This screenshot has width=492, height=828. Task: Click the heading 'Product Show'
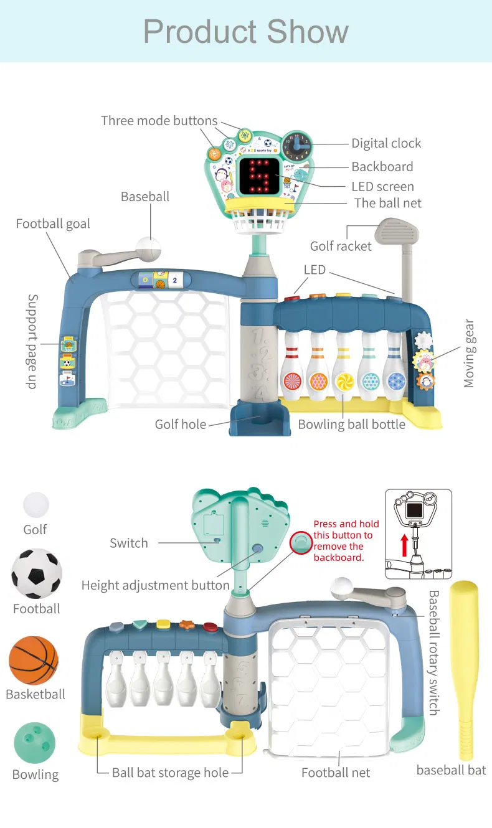(x=246, y=31)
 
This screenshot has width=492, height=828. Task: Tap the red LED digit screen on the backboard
(x=258, y=176)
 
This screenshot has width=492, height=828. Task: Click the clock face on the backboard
(x=297, y=146)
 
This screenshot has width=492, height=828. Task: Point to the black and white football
(x=36, y=573)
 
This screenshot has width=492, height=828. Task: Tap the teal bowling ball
(x=34, y=743)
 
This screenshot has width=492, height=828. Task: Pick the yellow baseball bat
(x=464, y=669)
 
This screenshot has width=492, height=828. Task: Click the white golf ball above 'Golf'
(x=36, y=504)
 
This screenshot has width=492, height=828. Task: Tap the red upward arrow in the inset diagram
(x=404, y=545)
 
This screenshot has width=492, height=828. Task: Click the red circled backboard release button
(x=301, y=543)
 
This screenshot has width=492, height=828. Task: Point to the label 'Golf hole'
(x=181, y=425)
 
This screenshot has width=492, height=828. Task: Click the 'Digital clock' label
(x=386, y=143)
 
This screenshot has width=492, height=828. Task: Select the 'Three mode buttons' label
(x=159, y=121)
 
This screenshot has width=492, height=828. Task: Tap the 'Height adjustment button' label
(x=156, y=585)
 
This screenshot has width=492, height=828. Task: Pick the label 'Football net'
(x=336, y=773)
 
